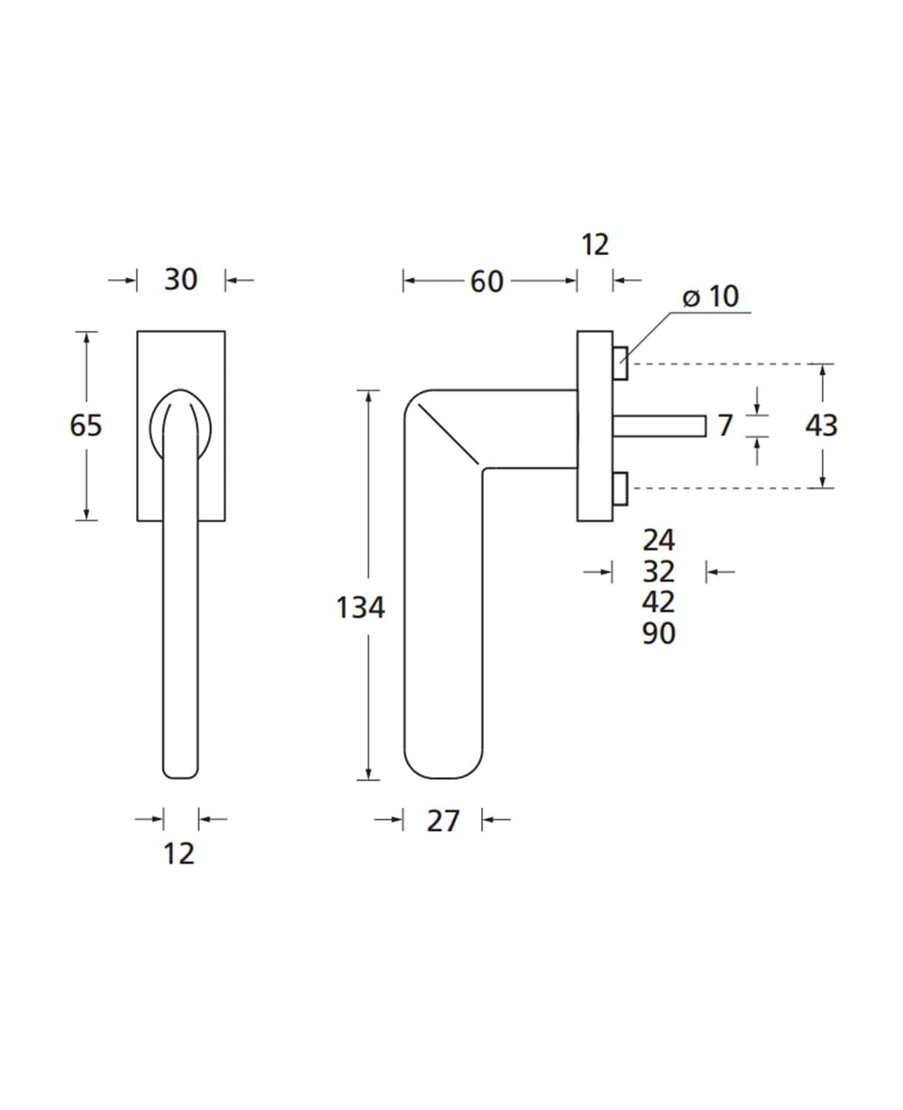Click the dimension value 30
181,279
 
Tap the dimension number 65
86,425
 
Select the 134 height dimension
360,607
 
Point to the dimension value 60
487,281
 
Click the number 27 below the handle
443,821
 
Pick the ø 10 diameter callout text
711,297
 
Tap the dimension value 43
821,425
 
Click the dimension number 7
725,425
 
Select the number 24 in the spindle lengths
659,540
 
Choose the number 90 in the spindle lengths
659,633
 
